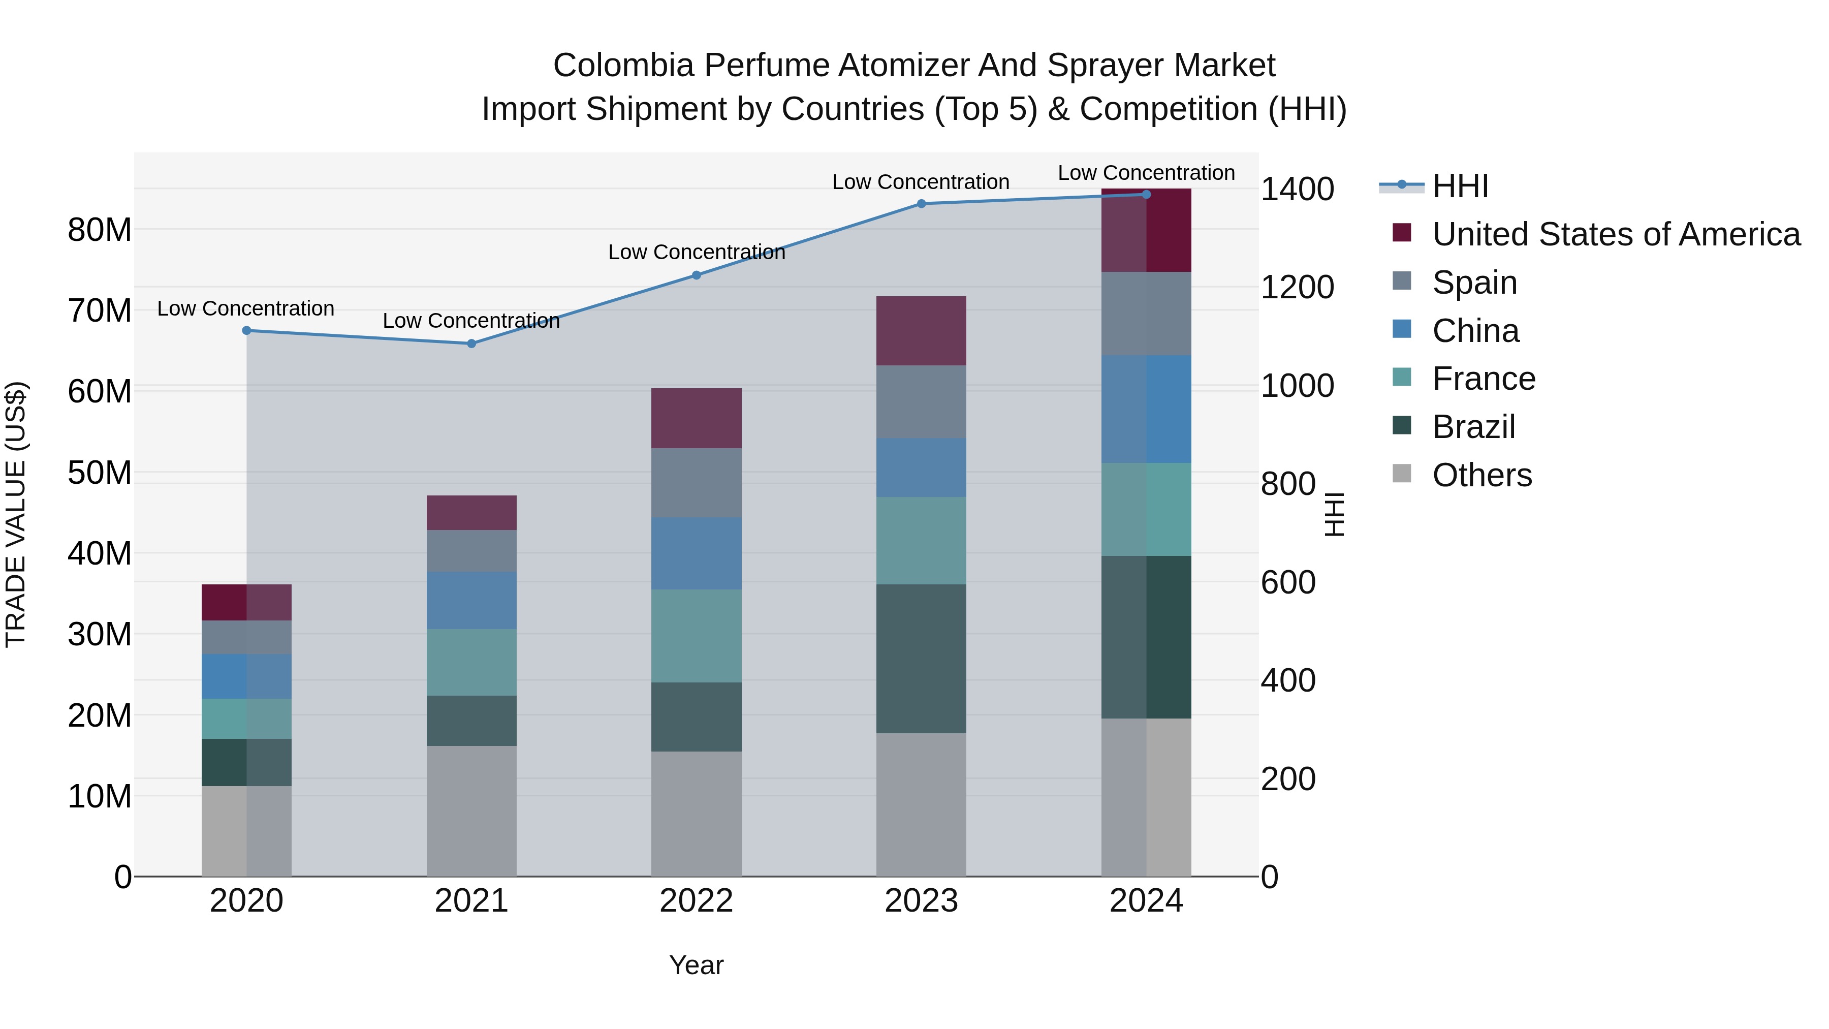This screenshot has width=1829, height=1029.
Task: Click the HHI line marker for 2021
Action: (x=471, y=344)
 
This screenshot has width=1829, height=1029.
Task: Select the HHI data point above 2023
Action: (x=921, y=204)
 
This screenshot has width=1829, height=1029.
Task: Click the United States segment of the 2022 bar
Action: (x=696, y=418)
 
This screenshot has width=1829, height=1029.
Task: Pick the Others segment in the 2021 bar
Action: (x=471, y=810)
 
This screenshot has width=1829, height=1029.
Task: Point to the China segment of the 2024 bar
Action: (x=1146, y=409)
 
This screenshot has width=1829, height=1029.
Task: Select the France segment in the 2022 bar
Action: (x=696, y=636)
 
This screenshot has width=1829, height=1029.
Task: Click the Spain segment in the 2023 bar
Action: (x=921, y=401)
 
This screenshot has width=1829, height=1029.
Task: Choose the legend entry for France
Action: (x=1483, y=379)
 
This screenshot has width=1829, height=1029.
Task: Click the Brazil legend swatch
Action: (x=1402, y=426)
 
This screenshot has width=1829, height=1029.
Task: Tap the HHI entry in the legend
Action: (x=1460, y=186)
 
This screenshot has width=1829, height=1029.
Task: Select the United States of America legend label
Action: (x=1616, y=234)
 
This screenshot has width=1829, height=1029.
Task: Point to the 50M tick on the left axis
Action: (x=100, y=472)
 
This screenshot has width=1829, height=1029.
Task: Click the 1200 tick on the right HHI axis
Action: (x=1297, y=288)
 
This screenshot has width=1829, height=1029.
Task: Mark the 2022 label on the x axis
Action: (x=696, y=901)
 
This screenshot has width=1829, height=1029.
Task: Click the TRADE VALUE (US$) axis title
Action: (x=16, y=514)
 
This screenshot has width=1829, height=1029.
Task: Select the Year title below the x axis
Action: (x=696, y=965)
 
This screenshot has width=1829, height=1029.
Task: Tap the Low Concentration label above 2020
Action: (x=246, y=309)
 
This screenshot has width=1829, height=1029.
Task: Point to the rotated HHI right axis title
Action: (x=1334, y=514)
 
